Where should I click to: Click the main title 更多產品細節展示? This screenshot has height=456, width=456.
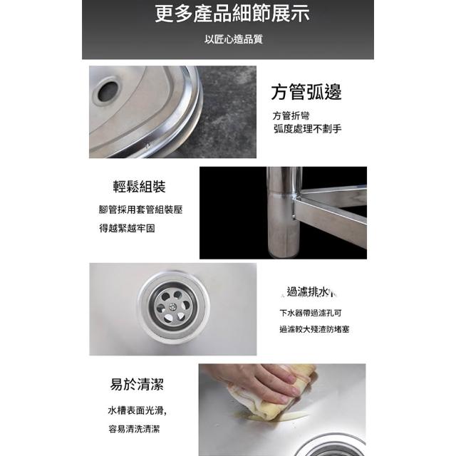[x=232, y=14]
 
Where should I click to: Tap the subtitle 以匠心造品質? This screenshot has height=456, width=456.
[x=233, y=39]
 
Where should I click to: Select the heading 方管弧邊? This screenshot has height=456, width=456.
[x=306, y=93]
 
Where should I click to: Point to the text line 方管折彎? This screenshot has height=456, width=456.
[x=291, y=115]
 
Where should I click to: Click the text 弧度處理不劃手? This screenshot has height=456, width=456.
[x=307, y=128]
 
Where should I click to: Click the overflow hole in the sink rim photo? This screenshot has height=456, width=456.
[x=108, y=91]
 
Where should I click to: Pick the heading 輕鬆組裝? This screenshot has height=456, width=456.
[x=140, y=187]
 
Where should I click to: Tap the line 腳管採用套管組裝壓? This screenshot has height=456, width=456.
[x=140, y=209]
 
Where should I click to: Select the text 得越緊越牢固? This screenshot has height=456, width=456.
[x=127, y=229]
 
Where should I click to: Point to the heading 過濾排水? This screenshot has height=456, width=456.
[x=310, y=291]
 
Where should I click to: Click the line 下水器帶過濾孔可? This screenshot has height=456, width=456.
[x=311, y=313]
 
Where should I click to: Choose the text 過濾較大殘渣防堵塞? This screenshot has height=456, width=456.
[x=314, y=329]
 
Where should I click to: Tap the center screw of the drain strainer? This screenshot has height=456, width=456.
[x=172, y=306]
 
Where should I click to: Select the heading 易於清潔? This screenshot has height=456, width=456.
[x=137, y=385]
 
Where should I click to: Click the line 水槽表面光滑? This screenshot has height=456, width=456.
[x=138, y=410]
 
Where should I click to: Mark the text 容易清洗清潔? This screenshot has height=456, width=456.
[x=134, y=429]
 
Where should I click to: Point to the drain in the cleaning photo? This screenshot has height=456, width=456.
[x=330, y=447]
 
